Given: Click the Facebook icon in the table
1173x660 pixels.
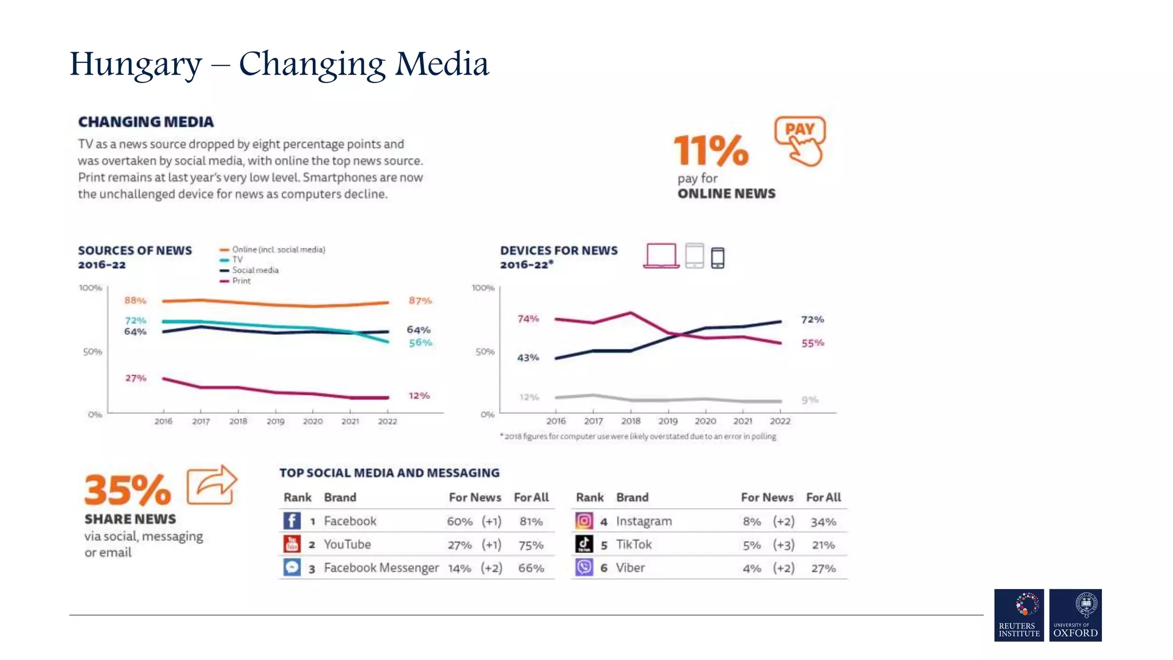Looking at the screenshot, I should [292, 521].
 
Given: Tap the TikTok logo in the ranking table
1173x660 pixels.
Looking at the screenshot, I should [584, 544].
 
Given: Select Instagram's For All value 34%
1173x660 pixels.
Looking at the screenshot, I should [823, 522].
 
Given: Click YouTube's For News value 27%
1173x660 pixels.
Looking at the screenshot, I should [459, 545].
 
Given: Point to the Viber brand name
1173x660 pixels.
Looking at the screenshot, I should [630, 568].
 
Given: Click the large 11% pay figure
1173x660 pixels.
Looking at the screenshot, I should [711, 151].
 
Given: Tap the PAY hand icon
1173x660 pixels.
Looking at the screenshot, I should [801, 141].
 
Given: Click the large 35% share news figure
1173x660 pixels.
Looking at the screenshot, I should [128, 490].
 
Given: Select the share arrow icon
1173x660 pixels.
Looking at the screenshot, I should [212, 485].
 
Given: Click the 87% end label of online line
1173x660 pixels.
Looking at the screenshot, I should [420, 301].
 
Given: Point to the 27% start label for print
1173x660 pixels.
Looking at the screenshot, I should [136, 378].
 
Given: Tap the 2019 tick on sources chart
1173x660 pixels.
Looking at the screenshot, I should [275, 421].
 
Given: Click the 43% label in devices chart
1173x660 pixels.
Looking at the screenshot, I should [528, 357].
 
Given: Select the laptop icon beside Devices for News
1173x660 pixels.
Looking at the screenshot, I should [661, 256].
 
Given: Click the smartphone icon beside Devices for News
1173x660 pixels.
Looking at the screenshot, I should [717, 258].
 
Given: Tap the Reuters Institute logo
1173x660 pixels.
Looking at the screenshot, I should [1019, 615].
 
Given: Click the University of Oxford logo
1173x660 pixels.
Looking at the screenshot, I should [1075, 615].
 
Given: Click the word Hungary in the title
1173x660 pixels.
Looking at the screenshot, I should [136, 64].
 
